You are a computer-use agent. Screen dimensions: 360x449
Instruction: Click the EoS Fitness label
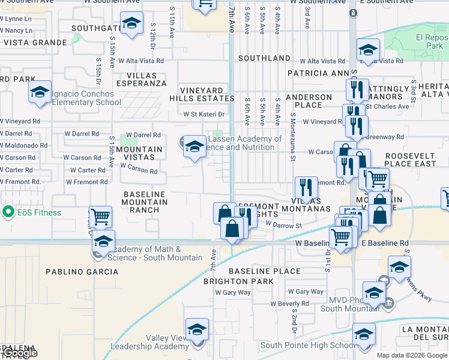point(40,212)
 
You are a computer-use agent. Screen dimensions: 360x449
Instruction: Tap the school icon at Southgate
point(131,24)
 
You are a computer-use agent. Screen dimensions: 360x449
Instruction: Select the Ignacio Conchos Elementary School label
point(82,98)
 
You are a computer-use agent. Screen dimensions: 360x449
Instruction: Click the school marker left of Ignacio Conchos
point(40,92)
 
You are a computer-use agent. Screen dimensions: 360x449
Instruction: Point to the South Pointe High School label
point(307,345)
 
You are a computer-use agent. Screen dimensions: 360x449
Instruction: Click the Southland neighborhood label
point(264,58)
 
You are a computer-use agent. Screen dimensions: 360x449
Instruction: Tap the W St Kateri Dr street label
point(203,114)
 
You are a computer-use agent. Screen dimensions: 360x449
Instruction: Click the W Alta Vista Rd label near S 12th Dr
point(140,61)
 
